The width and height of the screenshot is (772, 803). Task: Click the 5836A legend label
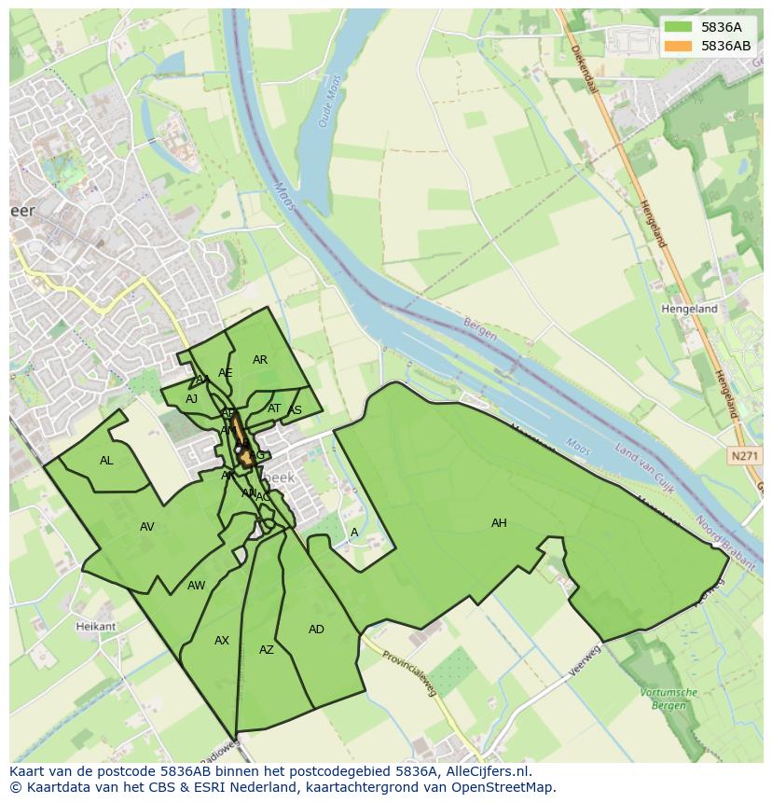point(721,27)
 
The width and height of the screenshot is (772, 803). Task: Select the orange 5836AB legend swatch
point(678,46)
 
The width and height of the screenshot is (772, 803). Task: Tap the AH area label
point(499,523)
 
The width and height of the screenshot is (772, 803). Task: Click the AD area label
point(316,630)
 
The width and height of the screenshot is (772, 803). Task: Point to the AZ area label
point(267,650)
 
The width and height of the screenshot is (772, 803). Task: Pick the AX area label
point(222,641)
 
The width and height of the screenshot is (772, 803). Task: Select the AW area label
point(196,586)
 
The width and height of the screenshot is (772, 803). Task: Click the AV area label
point(146,527)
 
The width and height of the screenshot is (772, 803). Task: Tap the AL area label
point(106,461)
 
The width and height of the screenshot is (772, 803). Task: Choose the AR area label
point(260,360)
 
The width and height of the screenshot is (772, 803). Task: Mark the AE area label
point(225,373)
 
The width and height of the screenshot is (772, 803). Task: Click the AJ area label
point(191,399)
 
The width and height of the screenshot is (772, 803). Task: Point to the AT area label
point(274,408)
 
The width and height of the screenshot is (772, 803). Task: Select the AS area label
point(296,411)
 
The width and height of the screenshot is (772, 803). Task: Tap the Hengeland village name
point(689,309)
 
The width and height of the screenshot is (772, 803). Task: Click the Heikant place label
point(96,627)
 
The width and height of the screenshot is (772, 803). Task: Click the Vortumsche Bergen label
point(669,698)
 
